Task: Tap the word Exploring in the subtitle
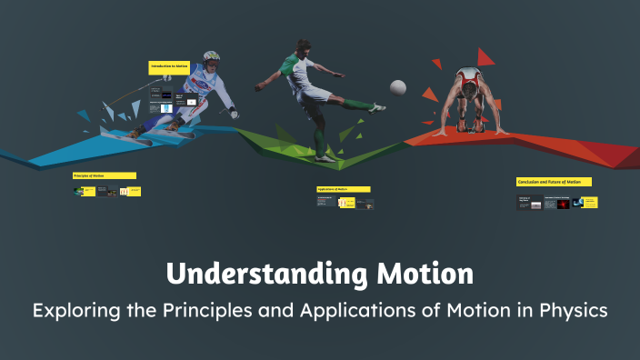75,310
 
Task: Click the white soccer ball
397,87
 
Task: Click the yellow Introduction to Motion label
169,67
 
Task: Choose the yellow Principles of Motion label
105,175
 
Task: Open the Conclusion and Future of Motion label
554,182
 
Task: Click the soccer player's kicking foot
376,108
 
